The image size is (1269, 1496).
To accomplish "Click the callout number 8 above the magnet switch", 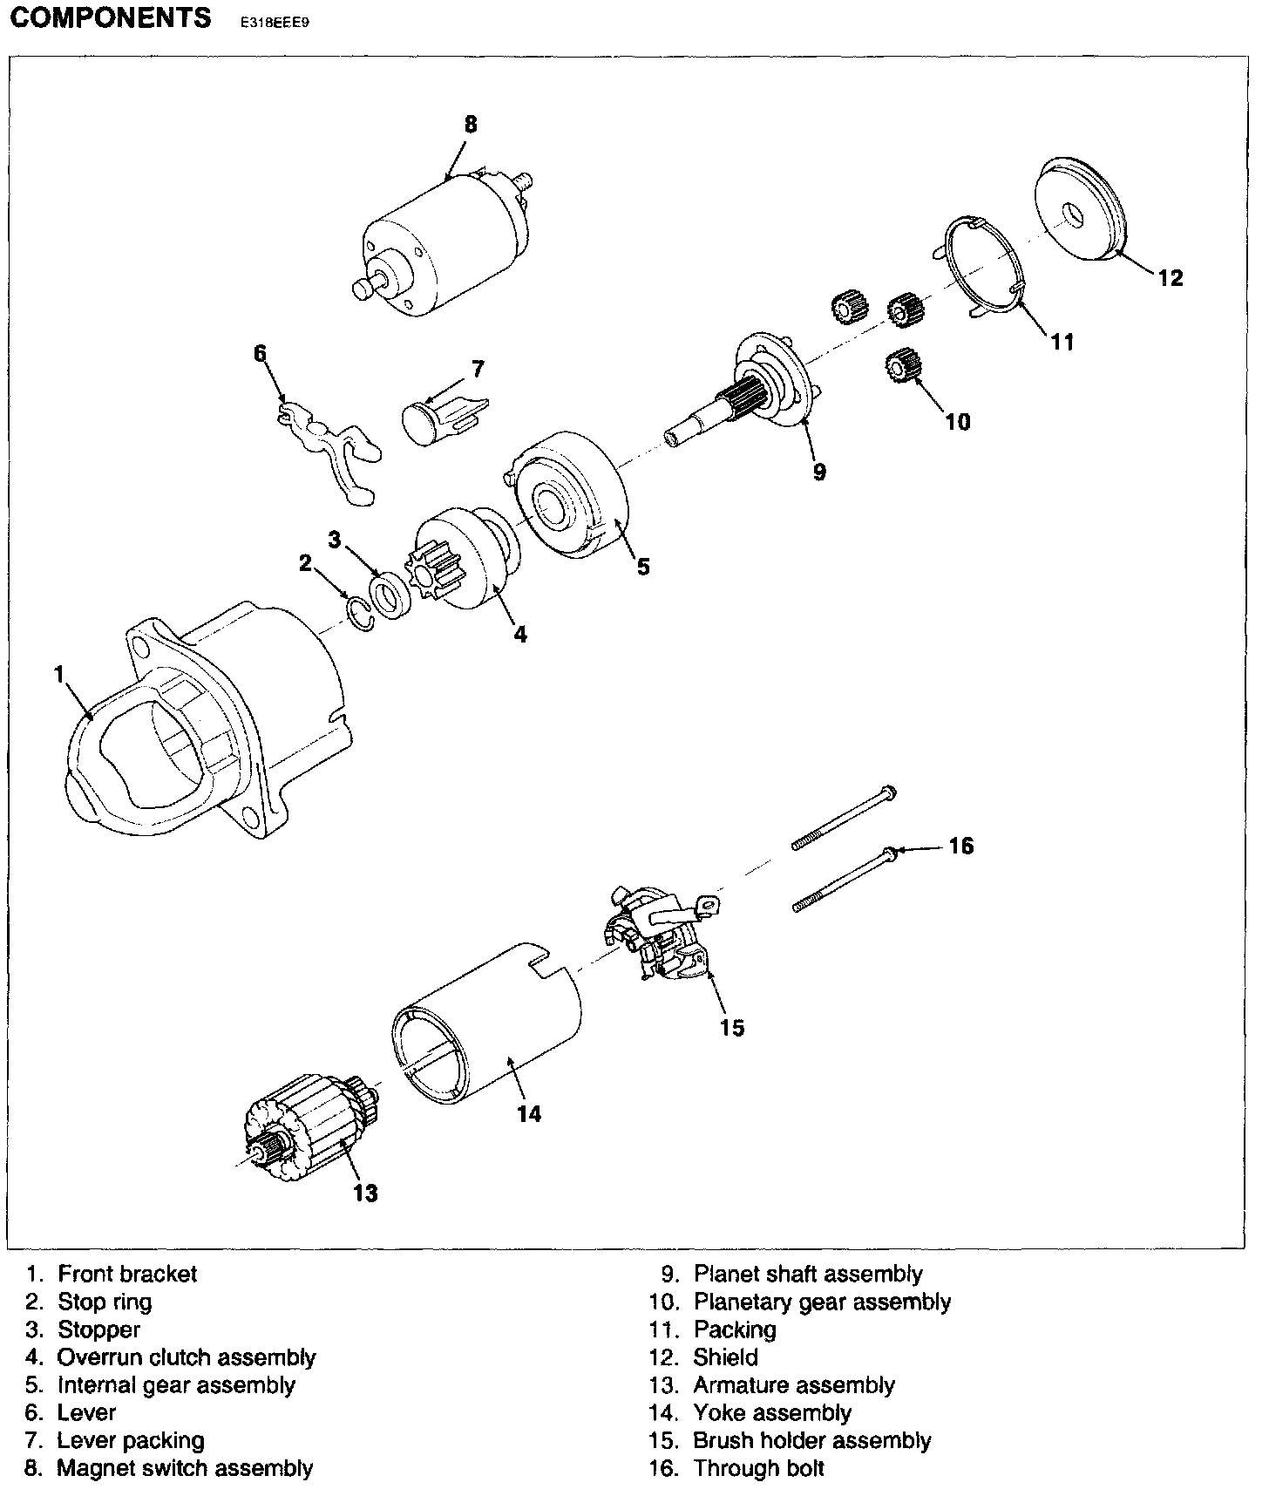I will [x=471, y=125].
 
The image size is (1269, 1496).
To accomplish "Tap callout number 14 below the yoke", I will [x=528, y=1114].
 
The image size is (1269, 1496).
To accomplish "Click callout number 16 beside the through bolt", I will [x=960, y=846].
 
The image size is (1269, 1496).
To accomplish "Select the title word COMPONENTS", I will [x=110, y=18].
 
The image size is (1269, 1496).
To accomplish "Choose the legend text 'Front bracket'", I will [x=127, y=1274].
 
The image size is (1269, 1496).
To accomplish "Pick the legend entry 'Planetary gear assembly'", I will [x=822, y=1302].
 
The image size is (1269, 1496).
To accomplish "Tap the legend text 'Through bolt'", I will [x=758, y=1469].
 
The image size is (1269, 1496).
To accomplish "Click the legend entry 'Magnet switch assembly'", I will [x=185, y=1469].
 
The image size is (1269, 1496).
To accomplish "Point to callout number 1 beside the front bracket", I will [x=58, y=675].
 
